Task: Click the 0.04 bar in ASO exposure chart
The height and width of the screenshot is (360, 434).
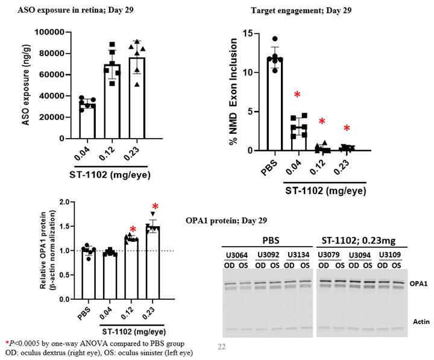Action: click(x=88, y=121)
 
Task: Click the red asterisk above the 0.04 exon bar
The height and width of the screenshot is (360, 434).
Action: click(x=297, y=95)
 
